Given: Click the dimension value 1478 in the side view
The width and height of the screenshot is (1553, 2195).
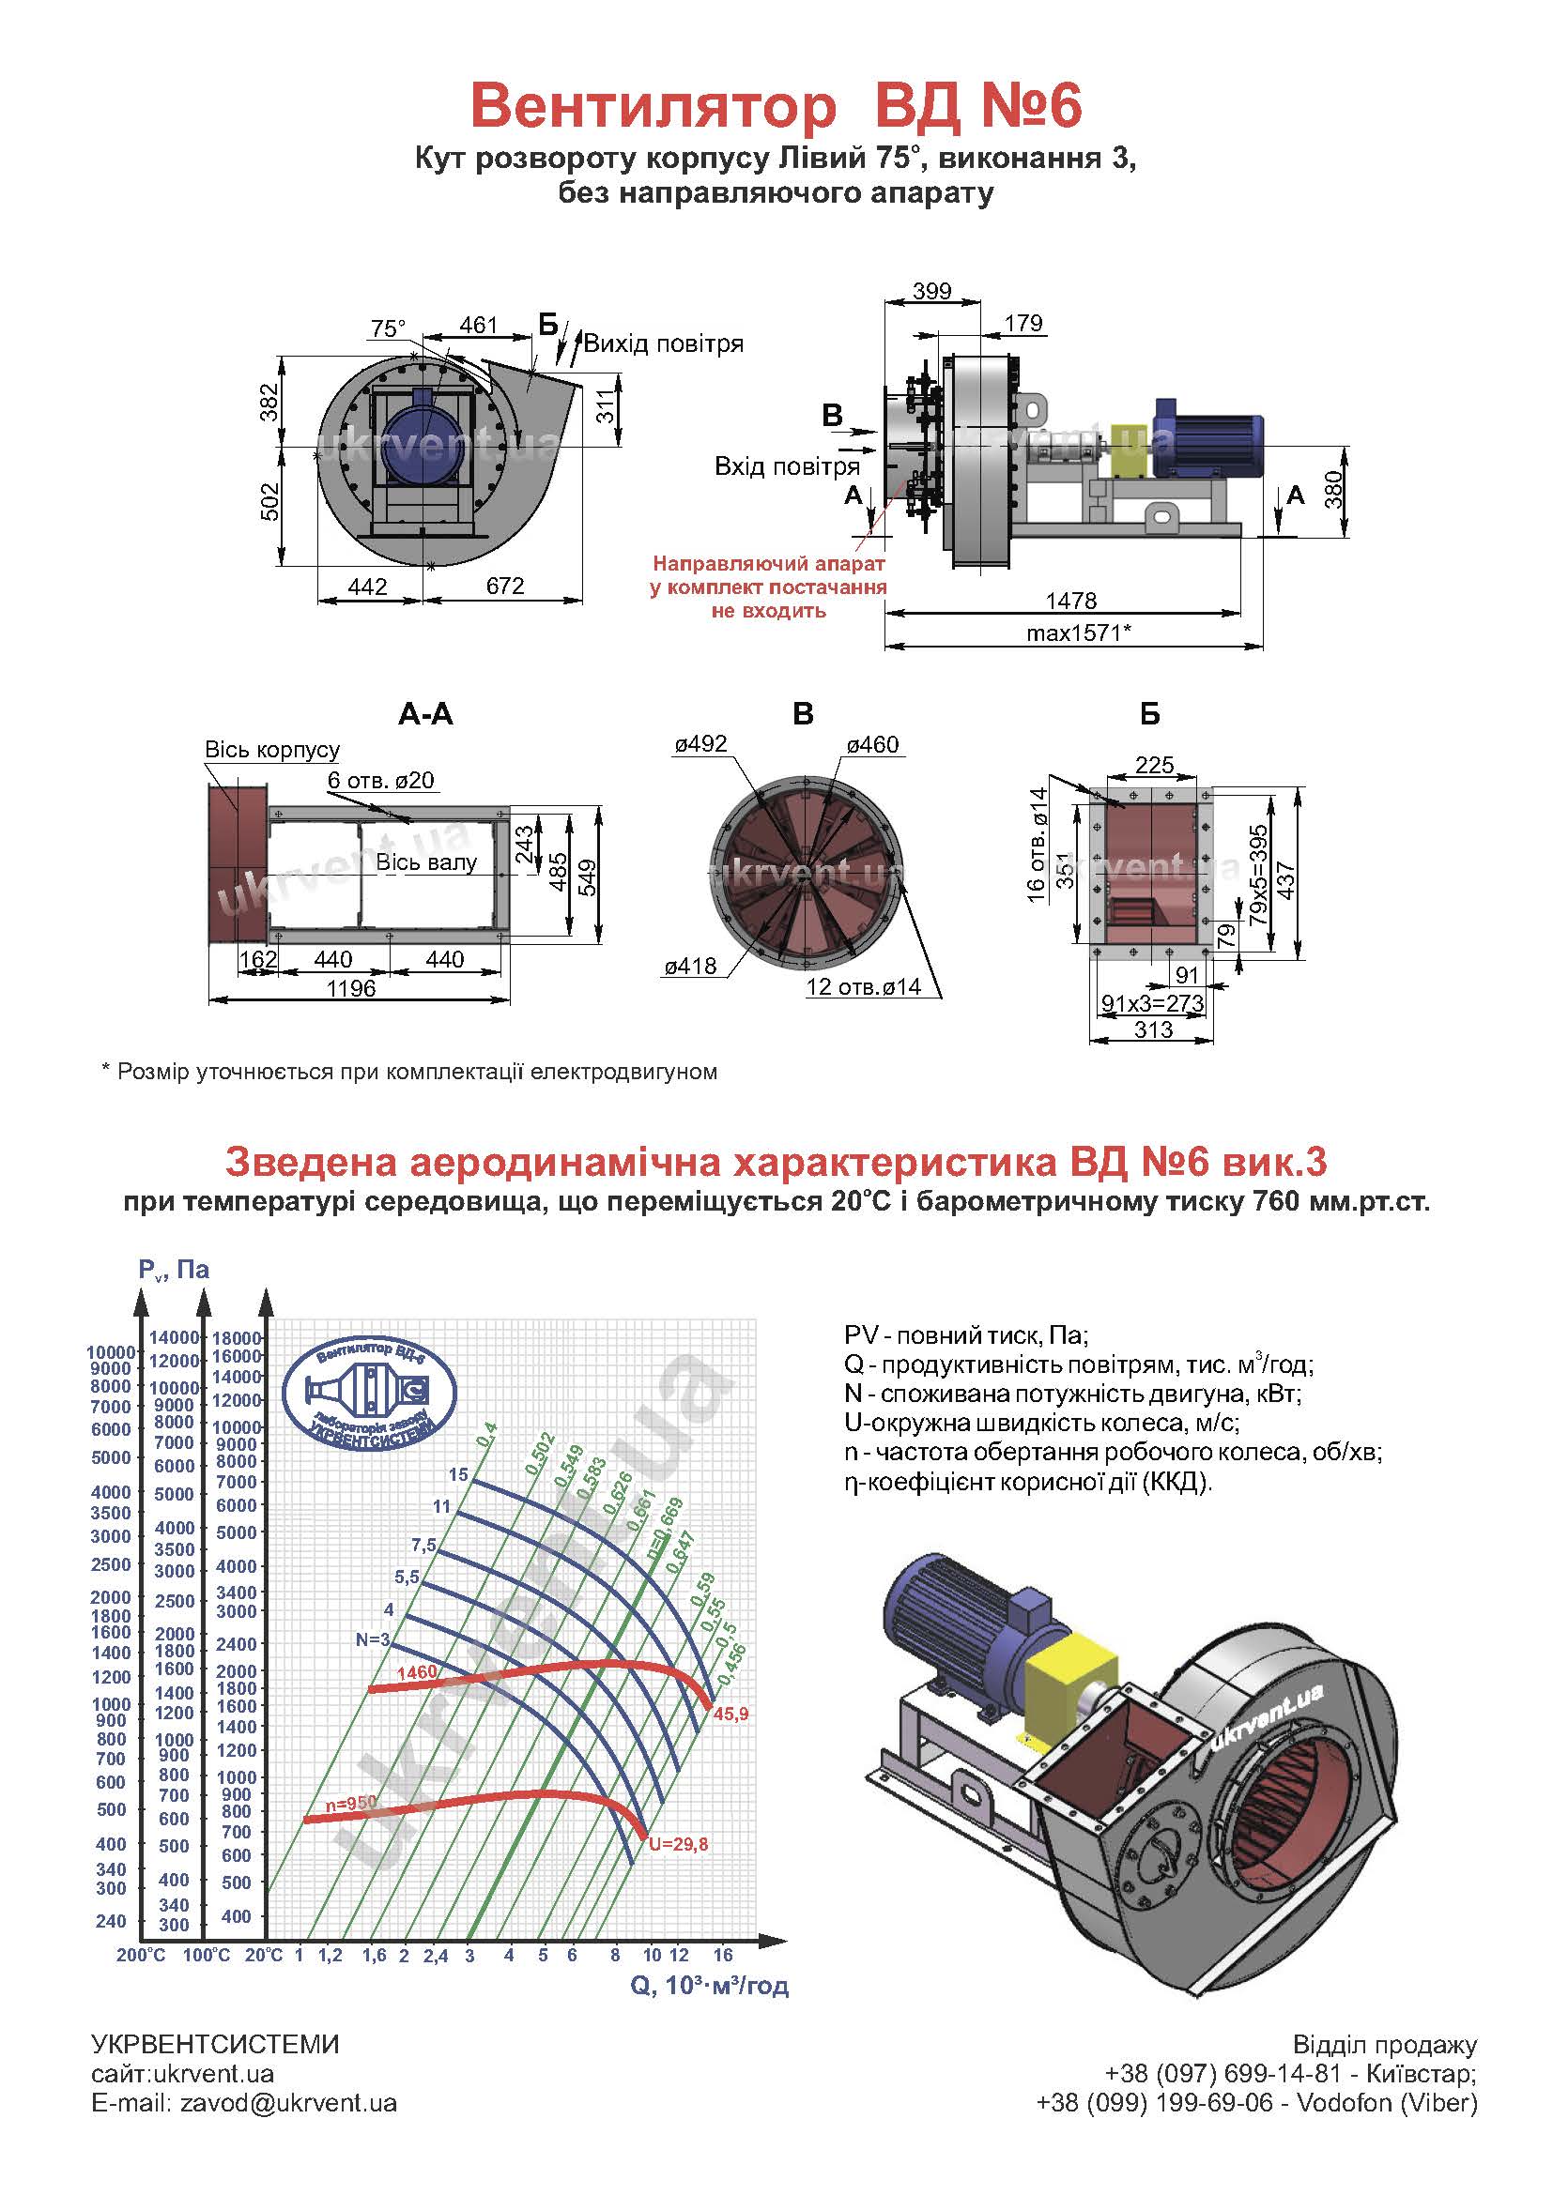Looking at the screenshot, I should click(x=1071, y=601).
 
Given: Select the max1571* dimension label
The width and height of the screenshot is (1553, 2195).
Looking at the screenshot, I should click(x=1079, y=633).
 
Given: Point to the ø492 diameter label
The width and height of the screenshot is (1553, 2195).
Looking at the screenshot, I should click(x=700, y=744).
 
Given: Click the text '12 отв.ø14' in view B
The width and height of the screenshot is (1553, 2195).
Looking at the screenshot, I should click(x=864, y=986).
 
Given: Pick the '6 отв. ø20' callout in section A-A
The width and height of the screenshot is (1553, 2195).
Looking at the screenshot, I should click(x=380, y=780).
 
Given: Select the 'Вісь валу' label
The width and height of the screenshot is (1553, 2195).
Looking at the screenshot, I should click(x=425, y=862).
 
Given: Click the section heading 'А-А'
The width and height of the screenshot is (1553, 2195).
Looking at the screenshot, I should click(x=425, y=714).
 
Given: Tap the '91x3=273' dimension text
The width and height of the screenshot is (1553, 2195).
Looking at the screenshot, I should click(x=1152, y=1003).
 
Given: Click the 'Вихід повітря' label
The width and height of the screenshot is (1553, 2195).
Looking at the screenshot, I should click(x=664, y=343).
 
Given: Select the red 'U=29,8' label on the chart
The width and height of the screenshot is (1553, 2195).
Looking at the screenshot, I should click(x=678, y=1844).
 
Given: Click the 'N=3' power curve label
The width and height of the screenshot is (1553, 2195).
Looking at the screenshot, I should click(x=373, y=1639).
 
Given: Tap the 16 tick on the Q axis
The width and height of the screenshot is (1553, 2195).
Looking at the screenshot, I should click(x=722, y=1955).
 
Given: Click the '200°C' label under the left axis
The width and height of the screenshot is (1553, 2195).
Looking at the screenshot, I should click(x=141, y=1956).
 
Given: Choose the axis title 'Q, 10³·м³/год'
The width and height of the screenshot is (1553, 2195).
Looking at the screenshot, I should click(x=710, y=1986).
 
